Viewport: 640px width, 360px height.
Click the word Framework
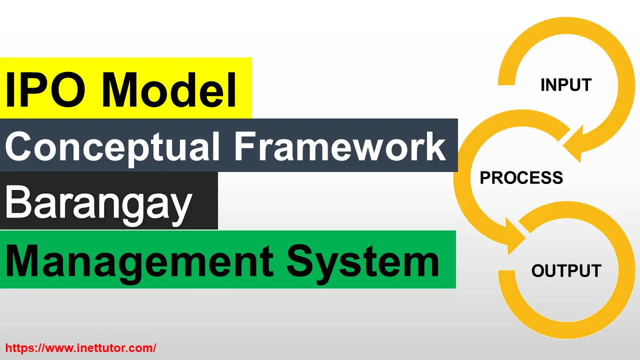coord(340,146)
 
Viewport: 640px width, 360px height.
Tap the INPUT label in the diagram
coord(566,85)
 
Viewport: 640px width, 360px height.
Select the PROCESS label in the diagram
coord(521,177)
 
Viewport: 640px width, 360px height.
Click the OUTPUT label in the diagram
coord(566,270)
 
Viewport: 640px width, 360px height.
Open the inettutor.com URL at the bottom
coord(81,348)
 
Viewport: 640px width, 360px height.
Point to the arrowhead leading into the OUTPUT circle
coord(515,236)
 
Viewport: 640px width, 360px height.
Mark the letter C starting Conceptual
coord(19,146)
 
